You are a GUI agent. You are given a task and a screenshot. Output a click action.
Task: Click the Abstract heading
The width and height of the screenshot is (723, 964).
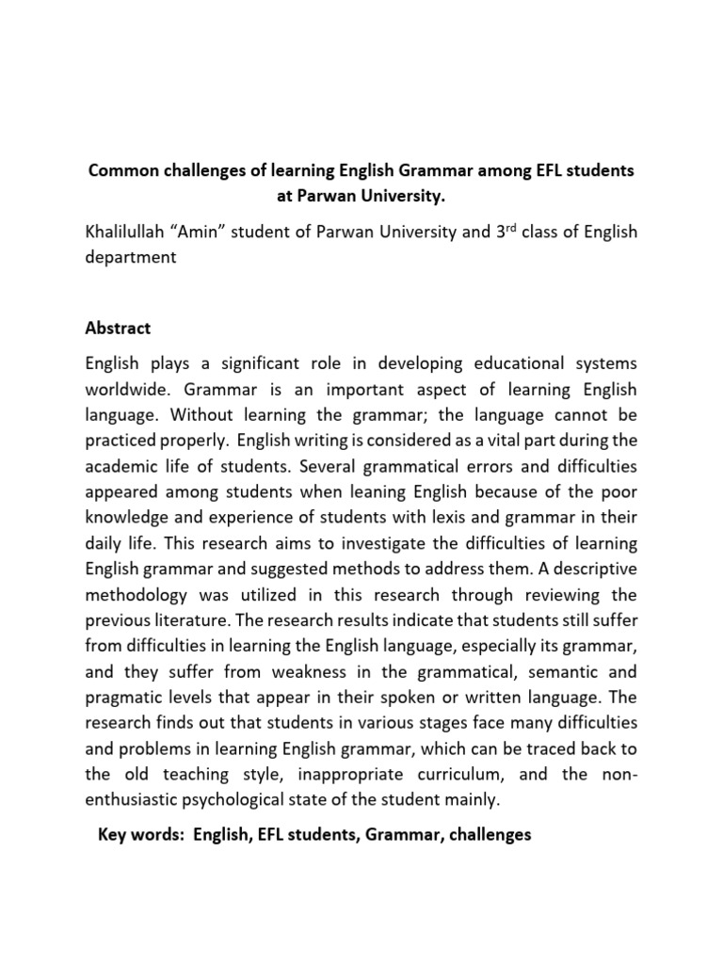[118, 328]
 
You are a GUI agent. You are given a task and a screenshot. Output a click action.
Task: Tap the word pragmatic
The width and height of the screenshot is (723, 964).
[125, 698]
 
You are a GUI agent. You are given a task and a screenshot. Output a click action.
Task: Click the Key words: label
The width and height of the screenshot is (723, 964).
[140, 834]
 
